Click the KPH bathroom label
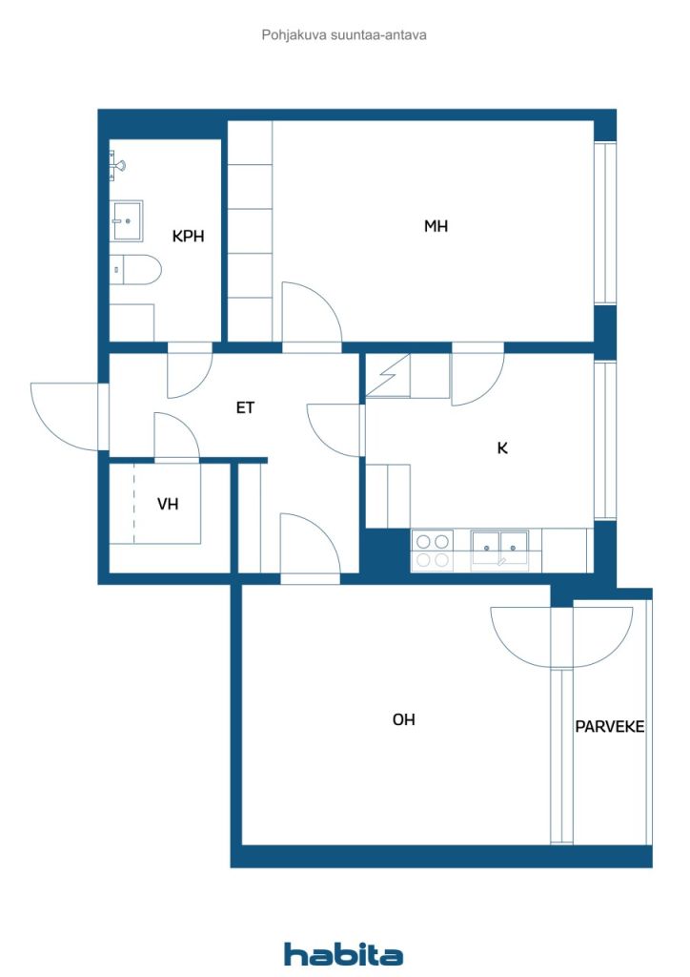tap(188, 237)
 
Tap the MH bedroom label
tap(436, 225)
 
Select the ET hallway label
tap(245, 407)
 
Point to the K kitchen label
tap(502, 447)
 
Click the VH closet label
tap(168, 504)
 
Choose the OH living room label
tap(403, 719)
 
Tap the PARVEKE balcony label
tap(609, 726)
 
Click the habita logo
tap(343, 954)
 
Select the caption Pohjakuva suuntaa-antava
tap(344, 35)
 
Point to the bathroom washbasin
tap(127, 220)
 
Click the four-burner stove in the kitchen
tap(433, 551)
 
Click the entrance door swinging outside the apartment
tap(65, 416)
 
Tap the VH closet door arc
tap(176, 435)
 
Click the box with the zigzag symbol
tap(388, 375)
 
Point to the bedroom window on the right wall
tap(605, 223)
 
